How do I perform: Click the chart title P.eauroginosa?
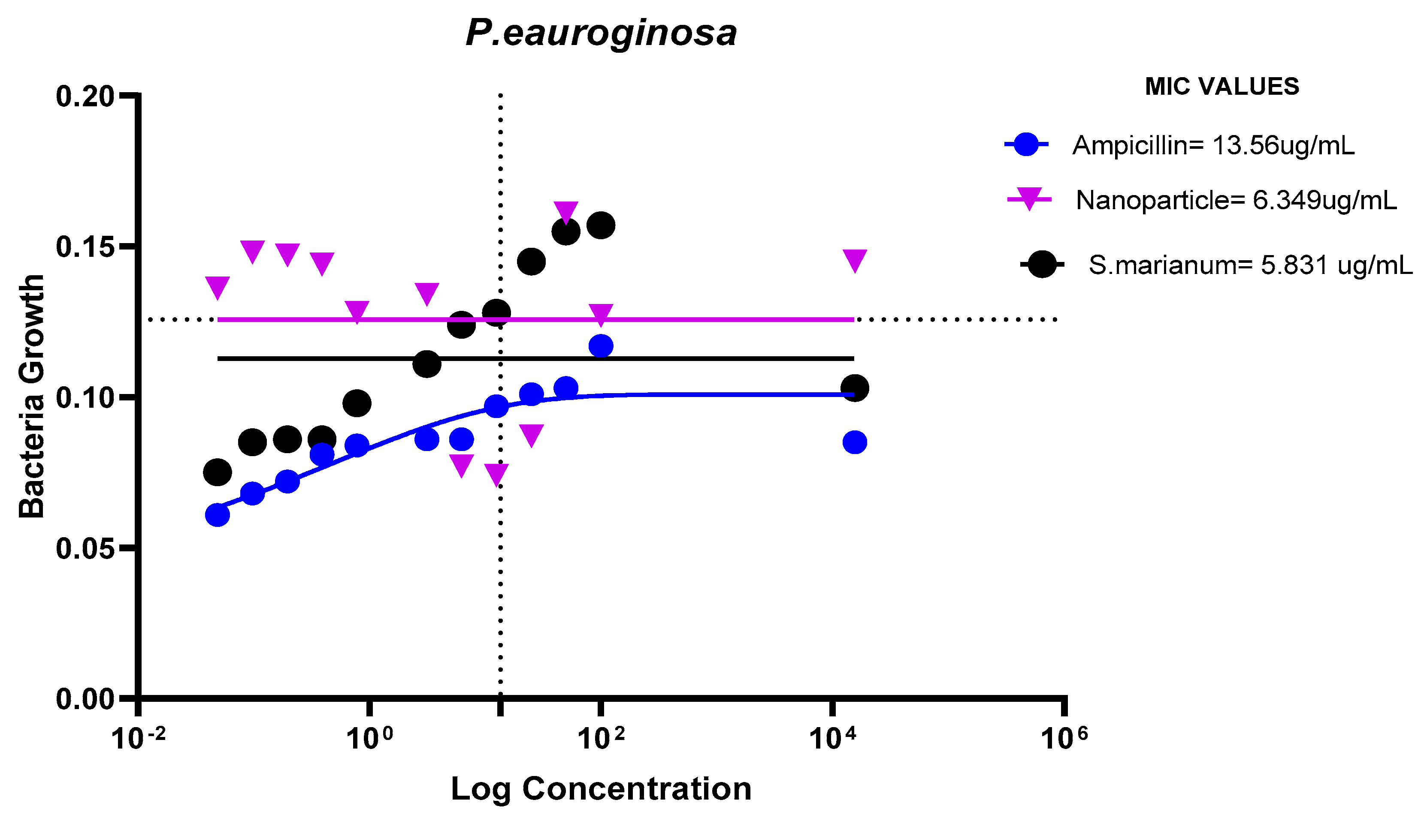(601, 33)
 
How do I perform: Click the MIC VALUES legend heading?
(1222, 87)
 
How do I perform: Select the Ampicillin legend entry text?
(1213, 145)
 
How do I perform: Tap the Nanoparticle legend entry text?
(1236, 200)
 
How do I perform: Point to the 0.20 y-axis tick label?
(85, 96)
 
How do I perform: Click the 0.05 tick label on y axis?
(85, 548)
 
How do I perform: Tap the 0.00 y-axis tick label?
(85, 699)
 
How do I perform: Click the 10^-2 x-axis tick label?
(139, 738)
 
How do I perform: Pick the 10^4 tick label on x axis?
(832, 738)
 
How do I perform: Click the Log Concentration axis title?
(601, 789)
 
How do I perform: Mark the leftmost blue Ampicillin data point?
(218, 515)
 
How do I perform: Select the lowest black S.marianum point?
(218, 472)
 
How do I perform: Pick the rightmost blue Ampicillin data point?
(855, 442)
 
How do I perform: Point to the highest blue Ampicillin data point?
(601, 346)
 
